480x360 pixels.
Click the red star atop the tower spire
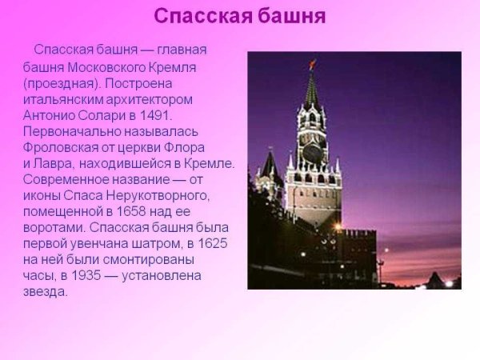tap(312, 64)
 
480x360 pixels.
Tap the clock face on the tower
tap(311, 151)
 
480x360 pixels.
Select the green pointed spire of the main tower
tap(311, 90)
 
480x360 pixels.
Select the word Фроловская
tap(62, 146)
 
